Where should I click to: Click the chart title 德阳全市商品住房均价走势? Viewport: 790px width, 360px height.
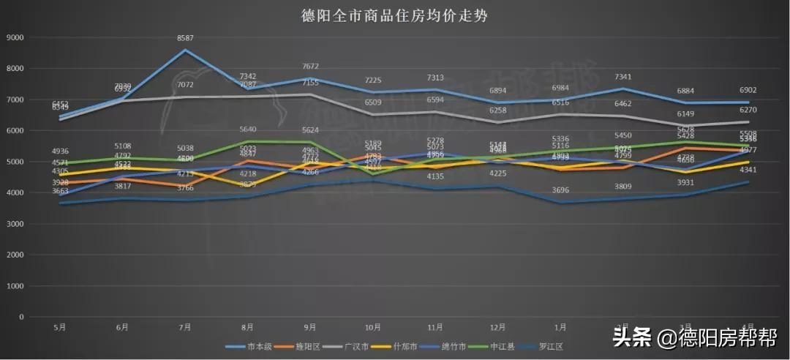(x=395, y=15)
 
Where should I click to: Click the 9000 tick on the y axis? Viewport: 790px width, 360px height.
(x=14, y=37)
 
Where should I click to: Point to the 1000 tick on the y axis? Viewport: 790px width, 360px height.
(x=14, y=286)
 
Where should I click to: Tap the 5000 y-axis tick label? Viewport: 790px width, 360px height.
(x=14, y=162)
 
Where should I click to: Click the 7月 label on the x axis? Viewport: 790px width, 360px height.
(x=185, y=327)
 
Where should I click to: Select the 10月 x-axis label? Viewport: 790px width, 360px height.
(x=372, y=327)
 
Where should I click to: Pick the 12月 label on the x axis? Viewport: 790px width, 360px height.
(x=497, y=327)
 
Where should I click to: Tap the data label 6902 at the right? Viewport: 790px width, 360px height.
(x=747, y=90)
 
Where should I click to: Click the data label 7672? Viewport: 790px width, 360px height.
(x=310, y=66)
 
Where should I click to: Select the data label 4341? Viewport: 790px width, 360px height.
(x=747, y=170)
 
